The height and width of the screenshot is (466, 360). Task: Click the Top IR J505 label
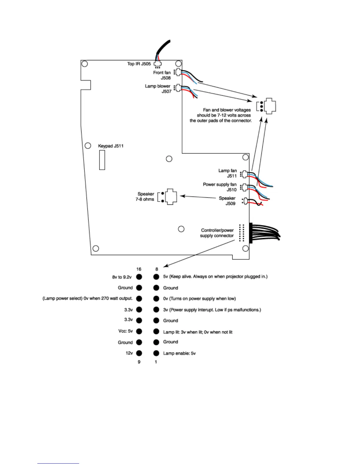[139, 64]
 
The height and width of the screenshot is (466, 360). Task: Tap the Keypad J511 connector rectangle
[102, 160]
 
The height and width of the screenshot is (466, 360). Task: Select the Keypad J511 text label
[111, 146]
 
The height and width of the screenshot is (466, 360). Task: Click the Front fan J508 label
[162, 75]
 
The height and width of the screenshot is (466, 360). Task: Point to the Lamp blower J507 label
[158, 89]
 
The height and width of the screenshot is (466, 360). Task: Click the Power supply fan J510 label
[220, 187]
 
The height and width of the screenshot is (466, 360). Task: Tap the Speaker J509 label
[227, 201]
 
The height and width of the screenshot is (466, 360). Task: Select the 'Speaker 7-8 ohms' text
[145, 197]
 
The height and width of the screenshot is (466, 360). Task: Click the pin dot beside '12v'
[139, 353]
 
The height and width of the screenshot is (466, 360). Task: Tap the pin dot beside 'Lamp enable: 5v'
[156, 353]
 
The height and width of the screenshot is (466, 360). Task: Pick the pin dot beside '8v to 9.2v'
[139, 277]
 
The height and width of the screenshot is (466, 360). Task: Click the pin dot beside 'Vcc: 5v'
[139, 331]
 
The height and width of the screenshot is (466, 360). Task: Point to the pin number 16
[139, 269]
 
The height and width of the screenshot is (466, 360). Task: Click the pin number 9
[139, 362]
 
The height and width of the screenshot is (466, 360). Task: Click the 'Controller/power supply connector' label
[217, 233]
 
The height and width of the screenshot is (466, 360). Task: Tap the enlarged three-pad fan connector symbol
[266, 106]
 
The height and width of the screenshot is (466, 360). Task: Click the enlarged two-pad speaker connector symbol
[168, 197]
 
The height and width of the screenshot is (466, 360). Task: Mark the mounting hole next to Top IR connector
[178, 64]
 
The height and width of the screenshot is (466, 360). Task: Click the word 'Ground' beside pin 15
[125, 288]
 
